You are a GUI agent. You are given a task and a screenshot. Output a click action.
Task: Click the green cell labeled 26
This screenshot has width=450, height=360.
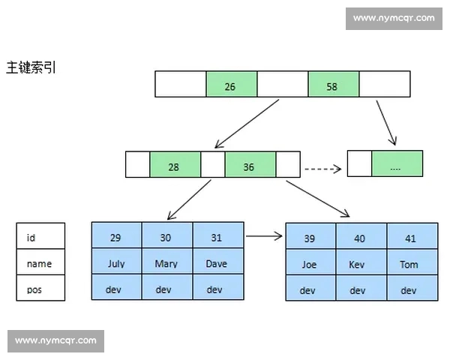point(231,84)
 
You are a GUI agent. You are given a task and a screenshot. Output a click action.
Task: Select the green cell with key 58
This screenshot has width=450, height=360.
point(332,84)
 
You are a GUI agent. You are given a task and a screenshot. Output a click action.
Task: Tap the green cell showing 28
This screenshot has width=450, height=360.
point(175,164)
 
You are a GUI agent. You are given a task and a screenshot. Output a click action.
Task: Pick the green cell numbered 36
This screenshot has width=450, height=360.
point(250,164)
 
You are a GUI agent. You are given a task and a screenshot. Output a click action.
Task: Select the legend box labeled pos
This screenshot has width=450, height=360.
point(40,288)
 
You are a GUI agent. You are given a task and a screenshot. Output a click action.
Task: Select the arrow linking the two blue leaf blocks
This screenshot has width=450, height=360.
point(264,236)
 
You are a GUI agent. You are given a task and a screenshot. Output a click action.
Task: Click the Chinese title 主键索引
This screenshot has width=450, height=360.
point(31,67)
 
